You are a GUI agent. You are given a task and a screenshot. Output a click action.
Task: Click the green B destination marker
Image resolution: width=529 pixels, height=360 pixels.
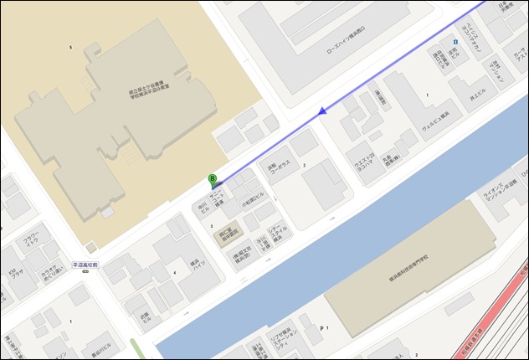click(x=213, y=179)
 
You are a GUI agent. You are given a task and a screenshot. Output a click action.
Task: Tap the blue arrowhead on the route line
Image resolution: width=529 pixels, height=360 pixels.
click(x=321, y=110)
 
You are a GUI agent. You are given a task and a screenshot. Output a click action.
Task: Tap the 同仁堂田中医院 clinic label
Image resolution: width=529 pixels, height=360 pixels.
click(x=230, y=236)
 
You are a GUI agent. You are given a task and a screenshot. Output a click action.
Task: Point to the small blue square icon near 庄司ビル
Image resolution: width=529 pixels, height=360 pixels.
click(x=455, y=41)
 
